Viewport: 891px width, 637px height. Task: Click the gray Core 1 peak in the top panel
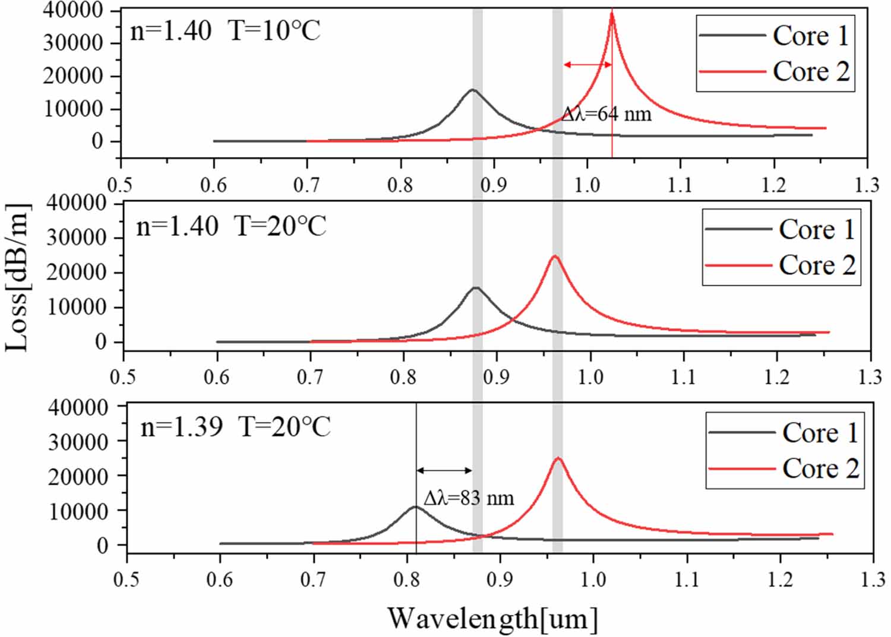click(x=473, y=90)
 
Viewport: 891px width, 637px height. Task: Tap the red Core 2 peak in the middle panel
click(x=555, y=256)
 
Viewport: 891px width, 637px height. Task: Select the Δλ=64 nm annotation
click(x=606, y=113)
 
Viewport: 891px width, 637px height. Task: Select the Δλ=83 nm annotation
click(x=469, y=497)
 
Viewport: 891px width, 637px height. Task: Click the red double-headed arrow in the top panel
click(x=587, y=64)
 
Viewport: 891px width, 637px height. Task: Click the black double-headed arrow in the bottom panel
click(x=444, y=471)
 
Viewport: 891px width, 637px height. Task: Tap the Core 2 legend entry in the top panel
click(x=775, y=71)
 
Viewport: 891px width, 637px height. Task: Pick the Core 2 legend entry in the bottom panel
click(x=784, y=468)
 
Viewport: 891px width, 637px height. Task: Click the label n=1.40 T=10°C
click(x=225, y=30)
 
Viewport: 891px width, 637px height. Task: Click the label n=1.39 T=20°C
click(x=235, y=427)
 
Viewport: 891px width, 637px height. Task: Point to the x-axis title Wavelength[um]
click(x=492, y=619)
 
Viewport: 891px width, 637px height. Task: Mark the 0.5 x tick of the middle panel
click(x=123, y=376)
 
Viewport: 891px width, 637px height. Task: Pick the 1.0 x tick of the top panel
click(x=587, y=185)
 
